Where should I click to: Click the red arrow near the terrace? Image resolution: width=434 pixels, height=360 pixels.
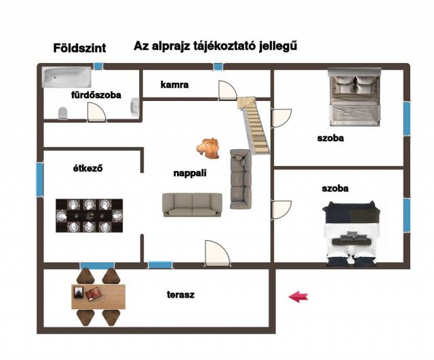298,296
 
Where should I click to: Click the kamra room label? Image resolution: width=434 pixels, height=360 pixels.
174,85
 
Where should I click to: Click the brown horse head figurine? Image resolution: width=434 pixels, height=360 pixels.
210,148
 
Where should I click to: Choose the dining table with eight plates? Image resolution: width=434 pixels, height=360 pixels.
90,215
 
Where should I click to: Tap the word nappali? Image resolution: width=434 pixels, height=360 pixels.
189,174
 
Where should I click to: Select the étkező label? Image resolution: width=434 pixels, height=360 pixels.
88,168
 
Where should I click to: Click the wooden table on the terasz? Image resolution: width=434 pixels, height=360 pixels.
98,296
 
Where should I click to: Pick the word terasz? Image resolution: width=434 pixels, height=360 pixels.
181,295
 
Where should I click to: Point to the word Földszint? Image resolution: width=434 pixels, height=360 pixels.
79,48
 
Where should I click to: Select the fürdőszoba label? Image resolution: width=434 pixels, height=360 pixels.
96,96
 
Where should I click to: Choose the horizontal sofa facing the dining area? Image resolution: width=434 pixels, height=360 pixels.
192,205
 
